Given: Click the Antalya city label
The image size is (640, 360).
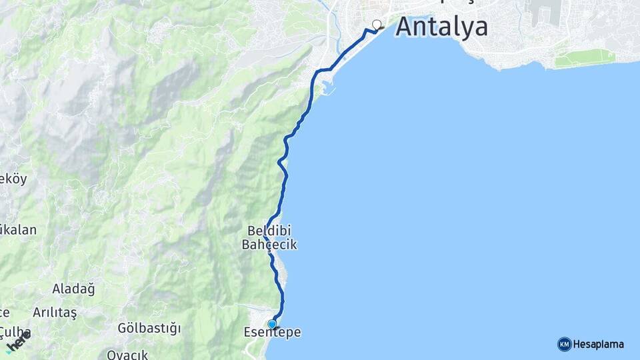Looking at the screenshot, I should (x=441, y=27).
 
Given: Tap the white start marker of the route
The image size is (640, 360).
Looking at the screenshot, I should (x=377, y=25).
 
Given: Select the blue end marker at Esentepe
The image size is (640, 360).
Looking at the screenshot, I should (x=272, y=324).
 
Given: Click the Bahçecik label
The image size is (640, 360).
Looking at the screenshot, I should (x=269, y=245).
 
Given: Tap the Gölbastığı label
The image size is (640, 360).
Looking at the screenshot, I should (x=149, y=328).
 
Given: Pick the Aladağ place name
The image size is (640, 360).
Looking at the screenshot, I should (x=73, y=289).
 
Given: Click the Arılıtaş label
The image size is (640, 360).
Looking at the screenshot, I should (x=55, y=312).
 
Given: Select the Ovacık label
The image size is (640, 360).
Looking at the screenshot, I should (x=127, y=354).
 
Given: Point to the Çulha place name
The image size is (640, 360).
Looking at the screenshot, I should (x=15, y=331).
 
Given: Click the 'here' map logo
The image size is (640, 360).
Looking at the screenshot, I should (x=18, y=341).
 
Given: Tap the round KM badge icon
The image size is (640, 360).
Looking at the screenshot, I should (x=564, y=344).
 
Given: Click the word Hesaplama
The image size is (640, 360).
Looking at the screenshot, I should (x=599, y=345).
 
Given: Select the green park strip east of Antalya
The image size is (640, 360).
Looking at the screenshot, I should (x=585, y=59).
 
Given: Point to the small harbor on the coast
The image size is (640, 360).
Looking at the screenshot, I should (x=325, y=87).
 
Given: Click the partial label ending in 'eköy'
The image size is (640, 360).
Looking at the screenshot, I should (x=13, y=179).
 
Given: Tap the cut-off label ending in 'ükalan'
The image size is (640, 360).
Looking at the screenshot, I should (x=18, y=230).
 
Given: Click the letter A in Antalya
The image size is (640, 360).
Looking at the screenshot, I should (x=407, y=27).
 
